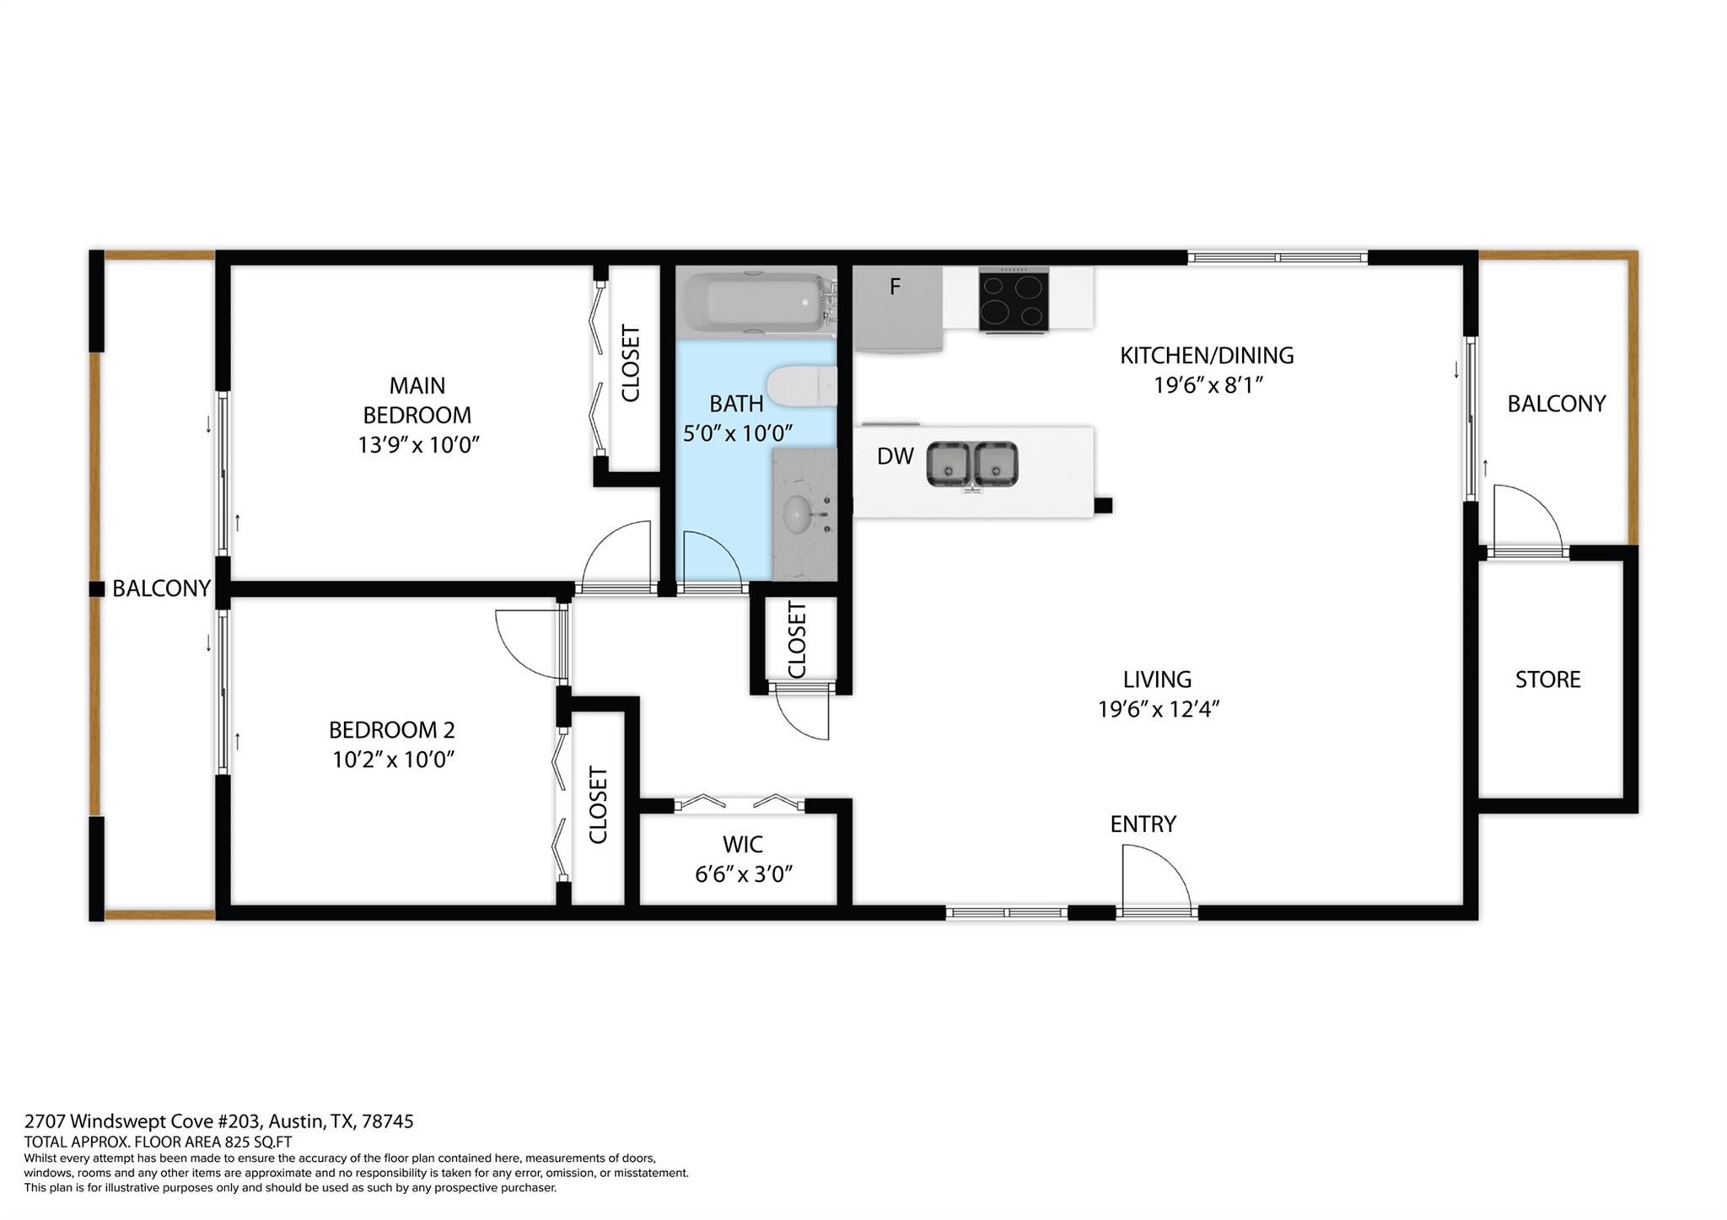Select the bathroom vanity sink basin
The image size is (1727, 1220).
797,514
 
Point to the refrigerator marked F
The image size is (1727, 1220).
898,308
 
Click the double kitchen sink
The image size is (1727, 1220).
972,465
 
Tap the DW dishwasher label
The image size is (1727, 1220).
895,456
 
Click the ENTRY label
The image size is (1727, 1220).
1143,824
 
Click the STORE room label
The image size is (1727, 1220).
1547,680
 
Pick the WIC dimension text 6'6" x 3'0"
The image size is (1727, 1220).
743,874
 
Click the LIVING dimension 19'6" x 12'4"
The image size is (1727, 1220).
1159,709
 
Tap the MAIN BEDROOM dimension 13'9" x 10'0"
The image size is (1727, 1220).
418,444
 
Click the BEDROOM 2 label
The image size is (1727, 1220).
392,729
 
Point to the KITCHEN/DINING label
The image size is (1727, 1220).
1207,355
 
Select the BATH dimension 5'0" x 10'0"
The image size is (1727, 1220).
738,433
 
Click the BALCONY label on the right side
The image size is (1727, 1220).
1556,404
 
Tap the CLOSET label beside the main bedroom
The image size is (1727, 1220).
631,363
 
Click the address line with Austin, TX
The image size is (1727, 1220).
218,1121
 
